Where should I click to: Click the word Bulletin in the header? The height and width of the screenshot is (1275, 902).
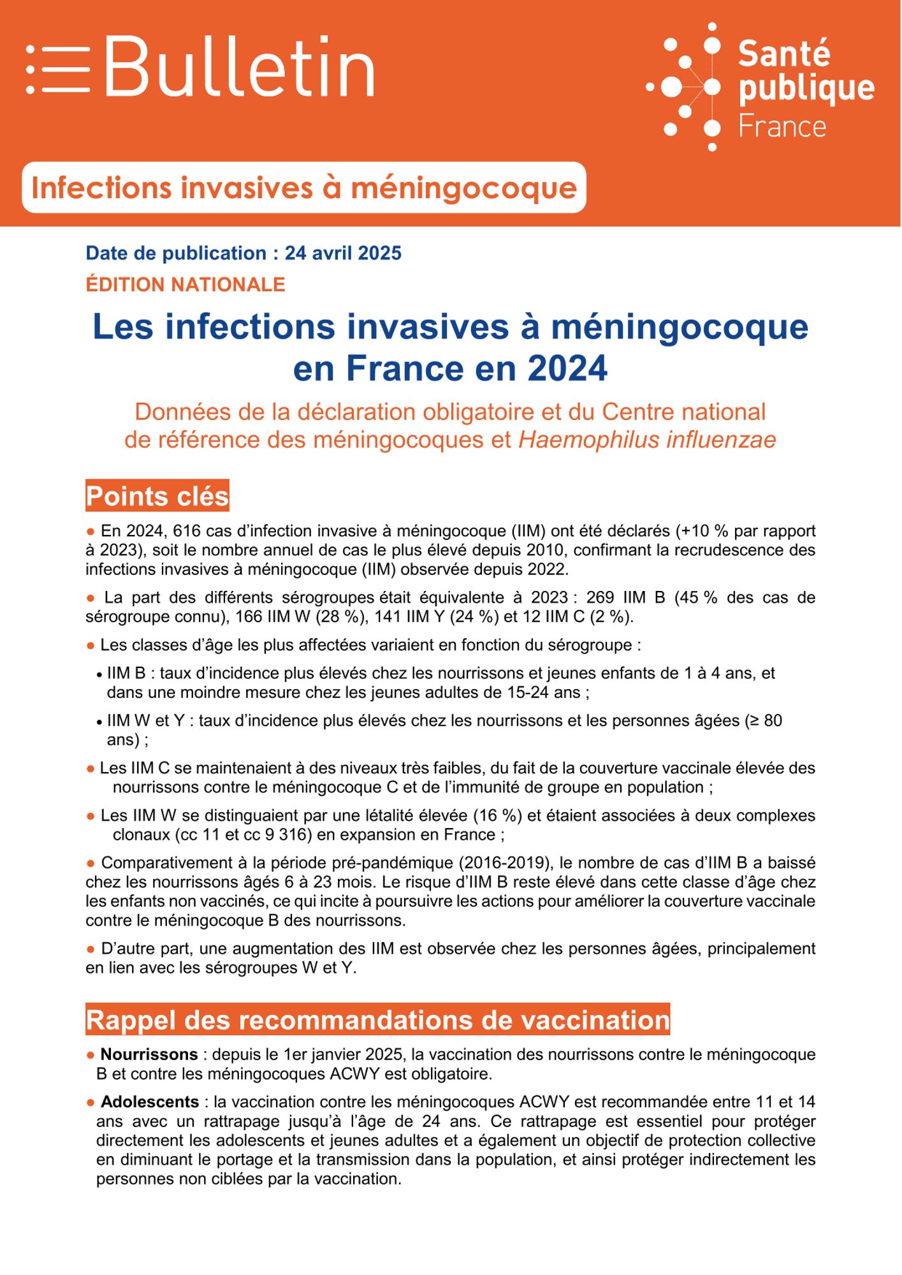pos(239,67)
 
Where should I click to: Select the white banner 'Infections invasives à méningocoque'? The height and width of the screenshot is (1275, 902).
pos(303,187)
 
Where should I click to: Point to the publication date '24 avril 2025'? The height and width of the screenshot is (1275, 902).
pos(343,253)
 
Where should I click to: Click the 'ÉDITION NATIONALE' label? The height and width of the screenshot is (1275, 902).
pos(185,284)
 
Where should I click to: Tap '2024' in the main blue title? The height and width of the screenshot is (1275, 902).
pos(567,368)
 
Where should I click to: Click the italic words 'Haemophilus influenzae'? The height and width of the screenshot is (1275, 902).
pos(647,440)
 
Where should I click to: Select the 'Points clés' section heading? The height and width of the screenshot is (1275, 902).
pos(157,496)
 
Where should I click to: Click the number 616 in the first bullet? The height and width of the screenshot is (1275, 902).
pos(186,531)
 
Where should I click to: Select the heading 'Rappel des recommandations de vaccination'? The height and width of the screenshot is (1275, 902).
pos(377,1020)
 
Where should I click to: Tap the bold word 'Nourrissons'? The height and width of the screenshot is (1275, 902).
pos(149,1054)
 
